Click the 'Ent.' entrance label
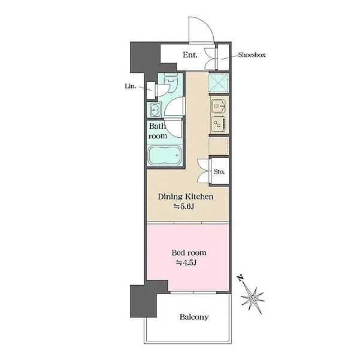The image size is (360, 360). click(190, 55)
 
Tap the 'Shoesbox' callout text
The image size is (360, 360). click(252, 55)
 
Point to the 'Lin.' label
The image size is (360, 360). click(131, 86)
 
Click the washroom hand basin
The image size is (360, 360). click(155, 110)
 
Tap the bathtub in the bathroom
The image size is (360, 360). click(165, 155)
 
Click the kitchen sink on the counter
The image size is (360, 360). click(219, 106)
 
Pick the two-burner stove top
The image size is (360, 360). click(219, 124)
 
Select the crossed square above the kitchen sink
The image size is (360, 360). click(219, 83)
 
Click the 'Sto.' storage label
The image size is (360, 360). click(219, 171)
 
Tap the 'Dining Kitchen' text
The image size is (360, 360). click(186, 196)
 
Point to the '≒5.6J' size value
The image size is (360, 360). click(184, 207)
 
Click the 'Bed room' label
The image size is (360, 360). click(189, 253)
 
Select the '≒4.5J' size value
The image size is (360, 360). click(186, 262)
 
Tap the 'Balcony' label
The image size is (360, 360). click(194, 317)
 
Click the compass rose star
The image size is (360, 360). click(253, 298)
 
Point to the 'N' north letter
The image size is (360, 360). click(240, 278)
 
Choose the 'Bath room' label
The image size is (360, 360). click(158, 131)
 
